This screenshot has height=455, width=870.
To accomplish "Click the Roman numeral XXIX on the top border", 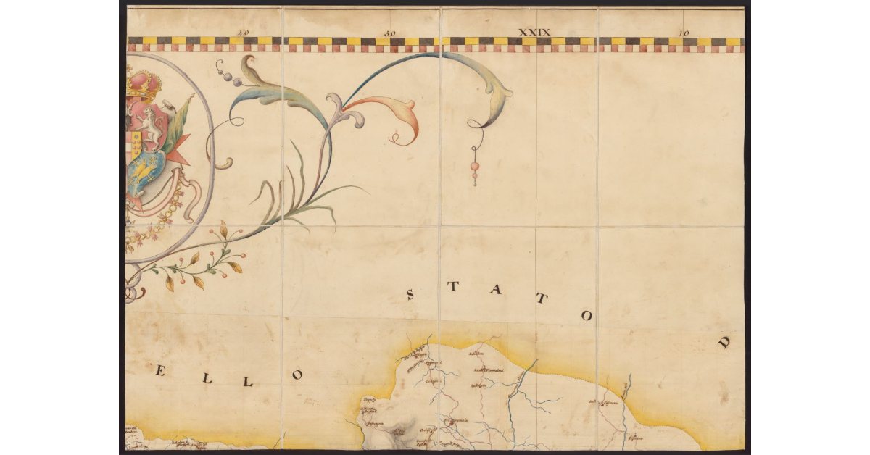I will pos(534,32).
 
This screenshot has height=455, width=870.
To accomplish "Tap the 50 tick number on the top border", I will pos(390,33).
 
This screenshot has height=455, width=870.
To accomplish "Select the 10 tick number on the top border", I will pos(682,33).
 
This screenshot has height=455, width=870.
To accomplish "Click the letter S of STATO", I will pos(410,295).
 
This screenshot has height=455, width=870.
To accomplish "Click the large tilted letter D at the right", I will pos(724,343).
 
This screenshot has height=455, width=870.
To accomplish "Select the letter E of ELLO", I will pos(161,372).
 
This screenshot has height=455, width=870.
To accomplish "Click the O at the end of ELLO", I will pos(296,375).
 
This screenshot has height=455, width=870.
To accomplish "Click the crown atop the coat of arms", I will pos(143,84).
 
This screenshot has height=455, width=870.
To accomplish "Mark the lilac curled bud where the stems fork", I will pos(336,105).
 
